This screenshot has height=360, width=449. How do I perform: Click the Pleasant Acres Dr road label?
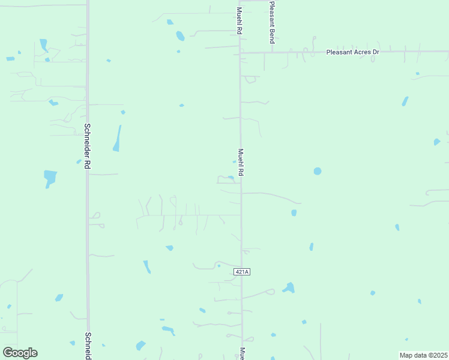352,52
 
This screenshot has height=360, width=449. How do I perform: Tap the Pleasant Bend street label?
272,22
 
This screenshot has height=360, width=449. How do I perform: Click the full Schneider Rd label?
87,146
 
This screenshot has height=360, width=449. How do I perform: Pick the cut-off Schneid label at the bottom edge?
88,346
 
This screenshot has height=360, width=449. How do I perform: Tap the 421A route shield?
241,272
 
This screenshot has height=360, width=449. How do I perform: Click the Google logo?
20,353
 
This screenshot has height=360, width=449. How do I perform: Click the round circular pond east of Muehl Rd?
317,171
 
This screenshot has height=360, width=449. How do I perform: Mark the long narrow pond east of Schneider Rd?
117,139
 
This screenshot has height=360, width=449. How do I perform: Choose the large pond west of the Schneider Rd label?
50,178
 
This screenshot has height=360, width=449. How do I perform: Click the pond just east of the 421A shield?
289,288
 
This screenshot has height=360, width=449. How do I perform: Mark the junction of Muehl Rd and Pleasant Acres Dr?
241,53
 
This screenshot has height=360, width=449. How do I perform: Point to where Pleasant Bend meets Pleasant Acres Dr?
272,52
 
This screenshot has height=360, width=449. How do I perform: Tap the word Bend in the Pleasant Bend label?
272,35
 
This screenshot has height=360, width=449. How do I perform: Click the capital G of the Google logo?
7,353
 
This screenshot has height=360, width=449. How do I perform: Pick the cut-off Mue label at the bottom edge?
243,353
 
